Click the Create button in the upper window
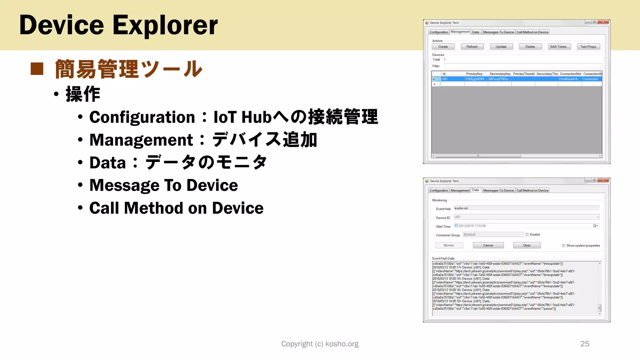[x=443, y=47]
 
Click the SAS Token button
[x=559, y=47]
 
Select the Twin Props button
[x=588, y=47]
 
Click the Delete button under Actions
[x=530, y=47]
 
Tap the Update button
[x=501, y=47]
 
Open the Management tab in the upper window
[x=460, y=32]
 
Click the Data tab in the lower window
[x=475, y=190]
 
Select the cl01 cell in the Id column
[x=452, y=79]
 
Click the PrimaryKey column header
[x=474, y=74]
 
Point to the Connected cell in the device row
[x=591, y=79]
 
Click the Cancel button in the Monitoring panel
[x=488, y=245]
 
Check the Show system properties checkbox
[x=564, y=246]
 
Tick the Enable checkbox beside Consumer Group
[x=527, y=235]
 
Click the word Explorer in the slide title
[x=165, y=26]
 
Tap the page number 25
[x=585, y=344]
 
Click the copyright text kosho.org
[x=342, y=344]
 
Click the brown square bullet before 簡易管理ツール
[x=37, y=69]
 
